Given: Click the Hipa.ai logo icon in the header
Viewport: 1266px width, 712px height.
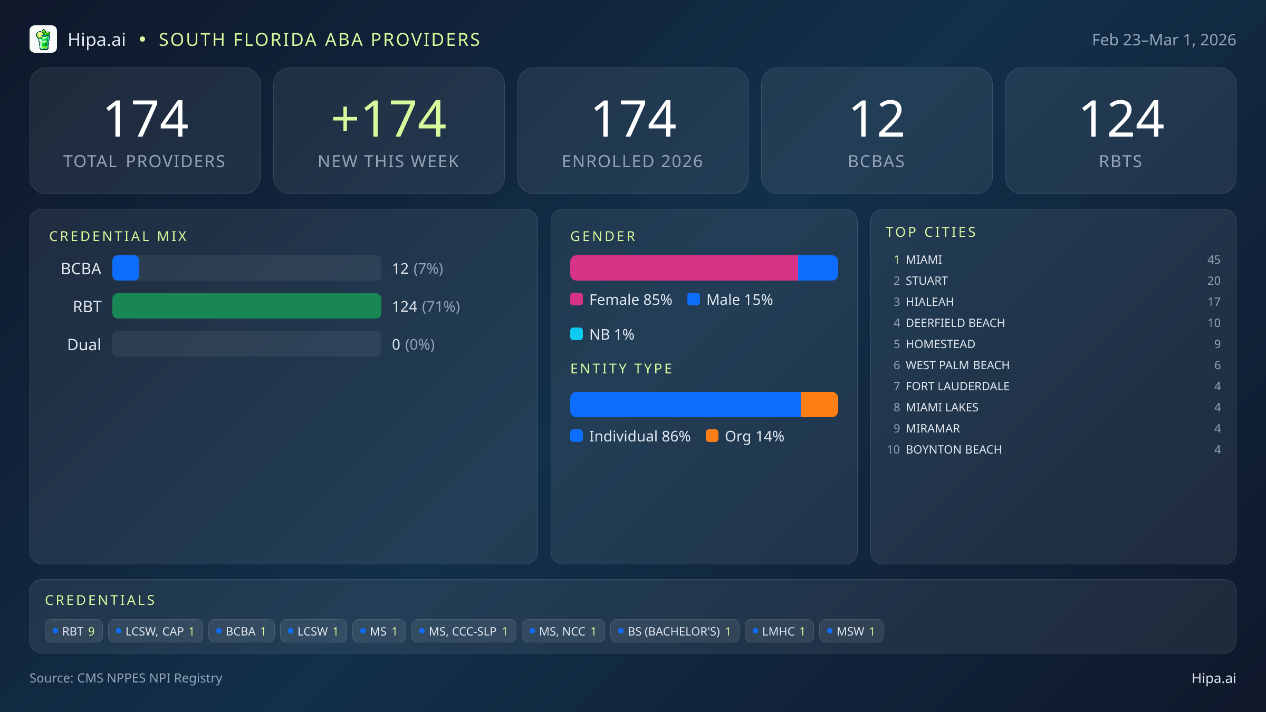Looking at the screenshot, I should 43,40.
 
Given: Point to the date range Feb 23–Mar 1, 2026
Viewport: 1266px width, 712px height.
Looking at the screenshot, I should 1164,40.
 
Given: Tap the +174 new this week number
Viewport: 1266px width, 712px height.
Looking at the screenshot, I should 389,119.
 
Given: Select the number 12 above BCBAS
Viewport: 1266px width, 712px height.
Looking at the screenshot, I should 877,119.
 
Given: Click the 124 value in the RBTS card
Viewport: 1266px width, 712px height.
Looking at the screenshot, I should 1121,119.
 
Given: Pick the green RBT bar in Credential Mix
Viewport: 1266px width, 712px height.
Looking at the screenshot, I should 246,306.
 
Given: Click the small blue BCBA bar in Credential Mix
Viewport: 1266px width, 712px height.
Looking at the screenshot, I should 126,268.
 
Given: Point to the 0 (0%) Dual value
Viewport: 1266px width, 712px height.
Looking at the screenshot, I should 413,344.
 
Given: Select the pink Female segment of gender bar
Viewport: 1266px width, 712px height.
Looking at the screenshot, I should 684,268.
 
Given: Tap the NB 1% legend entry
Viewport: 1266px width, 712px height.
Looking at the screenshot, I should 602,334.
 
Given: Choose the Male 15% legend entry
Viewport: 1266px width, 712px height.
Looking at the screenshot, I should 730,300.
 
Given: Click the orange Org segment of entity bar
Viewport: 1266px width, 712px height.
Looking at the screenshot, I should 819,405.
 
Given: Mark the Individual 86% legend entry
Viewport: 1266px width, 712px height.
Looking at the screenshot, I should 630,436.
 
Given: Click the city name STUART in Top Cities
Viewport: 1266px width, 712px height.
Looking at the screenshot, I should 926,281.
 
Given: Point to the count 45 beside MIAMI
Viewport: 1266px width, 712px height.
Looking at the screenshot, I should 1213,259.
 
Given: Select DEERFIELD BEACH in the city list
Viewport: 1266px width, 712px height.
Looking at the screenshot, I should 955,323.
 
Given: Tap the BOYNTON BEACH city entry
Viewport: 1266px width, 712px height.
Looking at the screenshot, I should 953,449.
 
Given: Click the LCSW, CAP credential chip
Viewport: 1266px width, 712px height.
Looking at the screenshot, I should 155,631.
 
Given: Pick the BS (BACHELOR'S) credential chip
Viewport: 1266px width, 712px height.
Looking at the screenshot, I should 674,631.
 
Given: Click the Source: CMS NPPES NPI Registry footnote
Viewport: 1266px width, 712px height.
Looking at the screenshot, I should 126,678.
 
